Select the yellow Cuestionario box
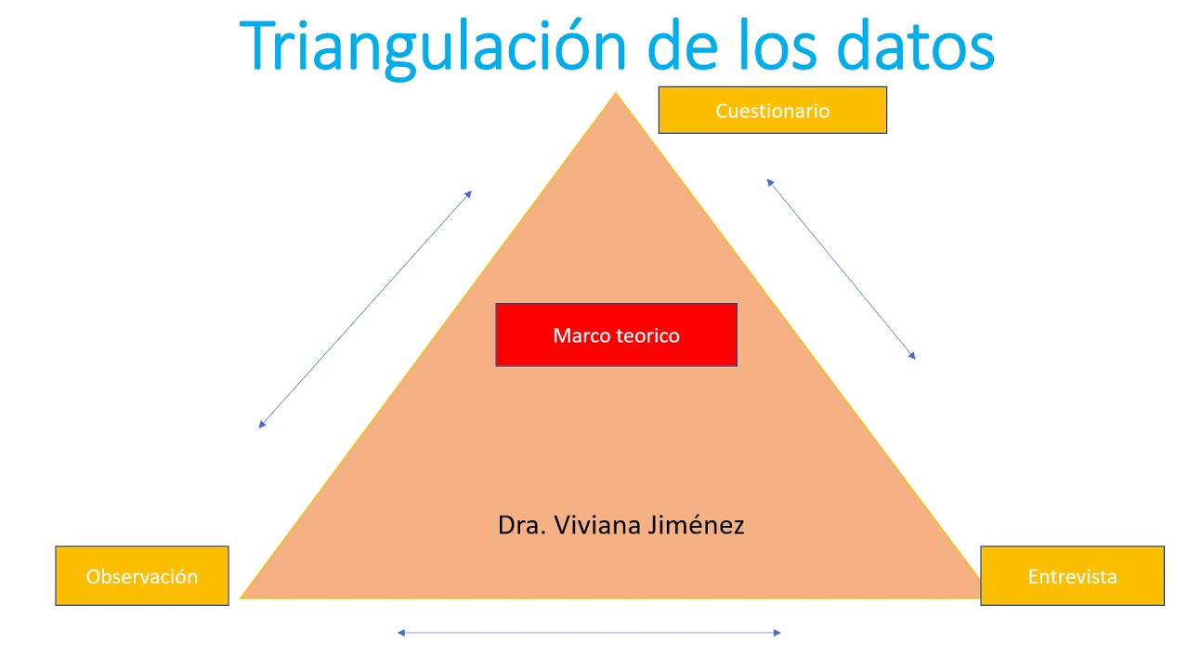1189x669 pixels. (772, 111)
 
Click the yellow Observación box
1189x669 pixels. (142, 576)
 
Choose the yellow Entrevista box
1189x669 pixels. (1072, 576)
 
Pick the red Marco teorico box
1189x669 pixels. (616, 334)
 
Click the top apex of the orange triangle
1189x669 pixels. (615, 95)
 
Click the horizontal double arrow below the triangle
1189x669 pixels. (589, 633)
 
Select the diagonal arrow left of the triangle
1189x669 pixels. (365, 309)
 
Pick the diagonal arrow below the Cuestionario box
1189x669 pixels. (841, 269)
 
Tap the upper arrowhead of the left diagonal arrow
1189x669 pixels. (469, 193)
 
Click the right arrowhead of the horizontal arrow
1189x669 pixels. (777, 633)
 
